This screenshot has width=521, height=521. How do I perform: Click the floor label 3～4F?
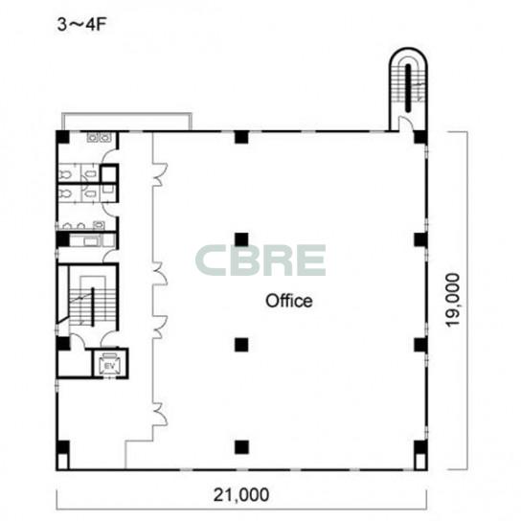[81, 25]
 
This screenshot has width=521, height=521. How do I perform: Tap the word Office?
[288, 301]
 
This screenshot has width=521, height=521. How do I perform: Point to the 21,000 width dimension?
[241, 495]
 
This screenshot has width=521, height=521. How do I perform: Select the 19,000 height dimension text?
[453, 300]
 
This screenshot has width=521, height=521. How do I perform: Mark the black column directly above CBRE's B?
[241, 239]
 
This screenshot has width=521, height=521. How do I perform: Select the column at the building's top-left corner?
[62, 137]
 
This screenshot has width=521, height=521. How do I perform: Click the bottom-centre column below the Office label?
[241, 447]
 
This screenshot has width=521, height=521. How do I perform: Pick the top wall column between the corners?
[241, 137]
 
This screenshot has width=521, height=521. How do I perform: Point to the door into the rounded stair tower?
[405, 124]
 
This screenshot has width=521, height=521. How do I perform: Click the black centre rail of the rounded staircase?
[408, 88]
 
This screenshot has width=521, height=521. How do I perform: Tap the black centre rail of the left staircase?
[93, 306]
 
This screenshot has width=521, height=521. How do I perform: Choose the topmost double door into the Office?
[160, 173]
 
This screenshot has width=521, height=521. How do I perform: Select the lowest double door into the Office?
[160, 414]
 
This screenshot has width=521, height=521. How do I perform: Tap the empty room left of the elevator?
[75, 363]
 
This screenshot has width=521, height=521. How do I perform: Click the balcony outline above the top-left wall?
[127, 114]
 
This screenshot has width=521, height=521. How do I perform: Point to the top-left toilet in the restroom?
[66, 173]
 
